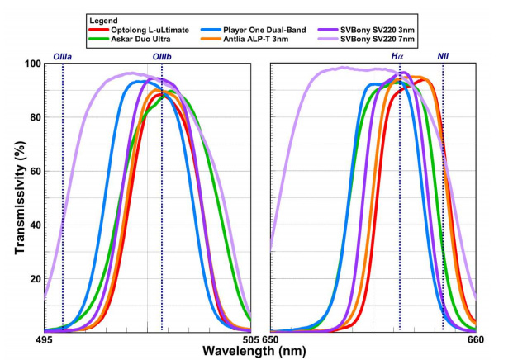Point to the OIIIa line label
pos(63,55)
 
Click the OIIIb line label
pos(162,55)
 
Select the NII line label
pos(444,55)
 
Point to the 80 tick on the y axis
pos(36,117)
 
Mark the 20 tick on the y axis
pos(36,279)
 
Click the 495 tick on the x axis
pos(45,340)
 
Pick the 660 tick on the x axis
pos(475,340)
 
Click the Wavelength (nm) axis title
pos(258,351)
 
